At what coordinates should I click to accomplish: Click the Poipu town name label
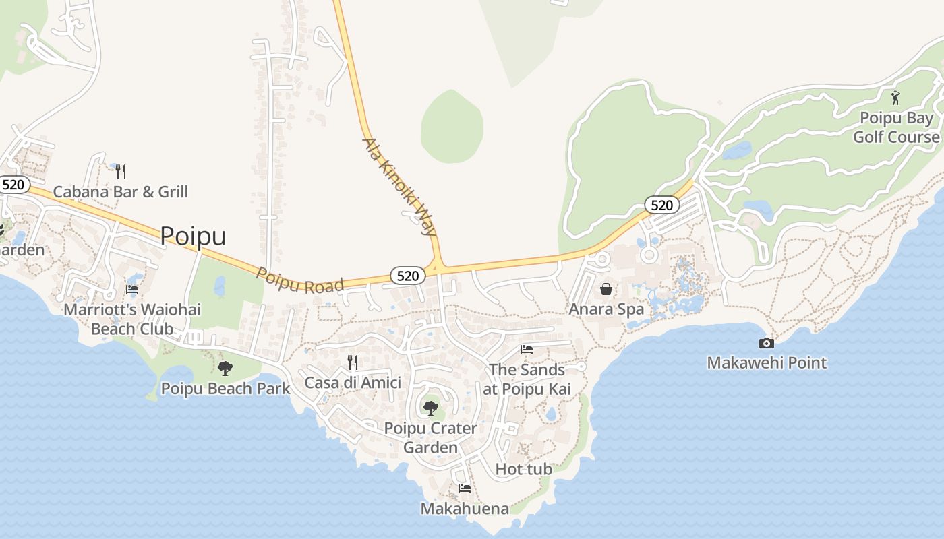[x=193, y=236]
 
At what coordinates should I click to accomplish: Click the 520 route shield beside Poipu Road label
[x=407, y=275]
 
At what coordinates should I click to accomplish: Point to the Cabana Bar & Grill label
[x=121, y=192]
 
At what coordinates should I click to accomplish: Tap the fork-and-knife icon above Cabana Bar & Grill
[x=120, y=172]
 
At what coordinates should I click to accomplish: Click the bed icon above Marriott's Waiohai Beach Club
[x=132, y=289]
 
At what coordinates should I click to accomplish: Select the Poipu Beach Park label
[x=225, y=389]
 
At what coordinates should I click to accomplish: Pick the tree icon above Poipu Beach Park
[x=225, y=368]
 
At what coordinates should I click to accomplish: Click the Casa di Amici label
[x=353, y=383]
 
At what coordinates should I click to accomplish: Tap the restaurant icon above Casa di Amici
[x=352, y=362]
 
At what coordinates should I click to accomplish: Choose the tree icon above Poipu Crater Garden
[x=430, y=408]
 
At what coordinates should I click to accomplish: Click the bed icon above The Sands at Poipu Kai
[x=527, y=349]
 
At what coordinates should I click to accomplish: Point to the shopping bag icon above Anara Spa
[x=606, y=289]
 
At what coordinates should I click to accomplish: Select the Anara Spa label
[x=606, y=309]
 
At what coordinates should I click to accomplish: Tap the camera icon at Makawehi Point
[x=766, y=343]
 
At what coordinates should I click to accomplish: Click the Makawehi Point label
[x=767, y=363]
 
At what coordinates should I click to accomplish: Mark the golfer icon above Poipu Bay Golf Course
[x=895, y=98]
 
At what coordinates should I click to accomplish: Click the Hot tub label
[x=524, y=469]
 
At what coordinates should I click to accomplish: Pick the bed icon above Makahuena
[x=464, y=488]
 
